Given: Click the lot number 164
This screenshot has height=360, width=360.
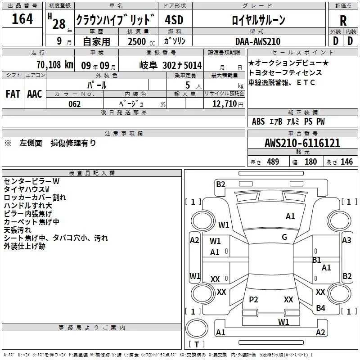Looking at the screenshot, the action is tap(22, 19).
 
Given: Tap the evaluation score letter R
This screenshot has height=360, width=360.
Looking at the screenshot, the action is tap(343, 21).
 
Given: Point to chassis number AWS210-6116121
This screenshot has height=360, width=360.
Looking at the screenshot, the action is tap(302, 144).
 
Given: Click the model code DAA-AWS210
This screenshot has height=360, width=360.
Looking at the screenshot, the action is tap(258, 41).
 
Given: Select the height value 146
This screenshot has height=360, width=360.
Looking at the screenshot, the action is tap(346, 162).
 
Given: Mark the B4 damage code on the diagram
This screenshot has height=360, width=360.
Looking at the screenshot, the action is tap(320, 308).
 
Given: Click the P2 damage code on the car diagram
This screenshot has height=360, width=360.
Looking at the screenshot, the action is tap(253, 300).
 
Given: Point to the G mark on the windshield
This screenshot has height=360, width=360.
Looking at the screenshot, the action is tap(284, 237).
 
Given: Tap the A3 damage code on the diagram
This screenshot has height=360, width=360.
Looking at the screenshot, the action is tap(346, 240).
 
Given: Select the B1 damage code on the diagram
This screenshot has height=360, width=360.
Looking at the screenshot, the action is tap(316, 260).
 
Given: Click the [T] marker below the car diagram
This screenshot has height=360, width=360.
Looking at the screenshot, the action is tap(197, 344).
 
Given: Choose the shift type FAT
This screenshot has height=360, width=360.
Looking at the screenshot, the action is tap(13, 94).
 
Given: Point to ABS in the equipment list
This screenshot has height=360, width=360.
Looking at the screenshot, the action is tap(258, 121).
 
